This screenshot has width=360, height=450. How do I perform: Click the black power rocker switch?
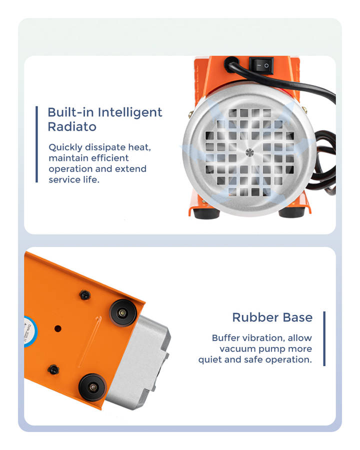(261, 65)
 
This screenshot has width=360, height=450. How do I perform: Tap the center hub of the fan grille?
(249, 152)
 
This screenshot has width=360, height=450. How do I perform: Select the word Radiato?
(72, 127)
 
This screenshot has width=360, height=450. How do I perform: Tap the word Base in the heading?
(297, 317)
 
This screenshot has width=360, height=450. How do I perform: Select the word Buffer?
(226, 338)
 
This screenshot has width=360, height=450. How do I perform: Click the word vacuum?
(237, 348)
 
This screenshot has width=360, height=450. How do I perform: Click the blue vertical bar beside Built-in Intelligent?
(36, 144)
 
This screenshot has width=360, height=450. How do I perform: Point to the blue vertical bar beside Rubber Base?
(324, 338)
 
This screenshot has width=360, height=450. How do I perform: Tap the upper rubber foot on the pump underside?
(123, 313)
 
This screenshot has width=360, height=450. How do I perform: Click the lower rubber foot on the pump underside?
(92, 387)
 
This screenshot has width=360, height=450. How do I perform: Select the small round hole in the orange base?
(57, 328)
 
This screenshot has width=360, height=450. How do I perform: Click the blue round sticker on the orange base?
(30, 331)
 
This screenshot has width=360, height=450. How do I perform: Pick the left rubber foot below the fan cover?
(205, 213)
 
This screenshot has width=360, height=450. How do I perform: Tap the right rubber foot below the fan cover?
(291, 212)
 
